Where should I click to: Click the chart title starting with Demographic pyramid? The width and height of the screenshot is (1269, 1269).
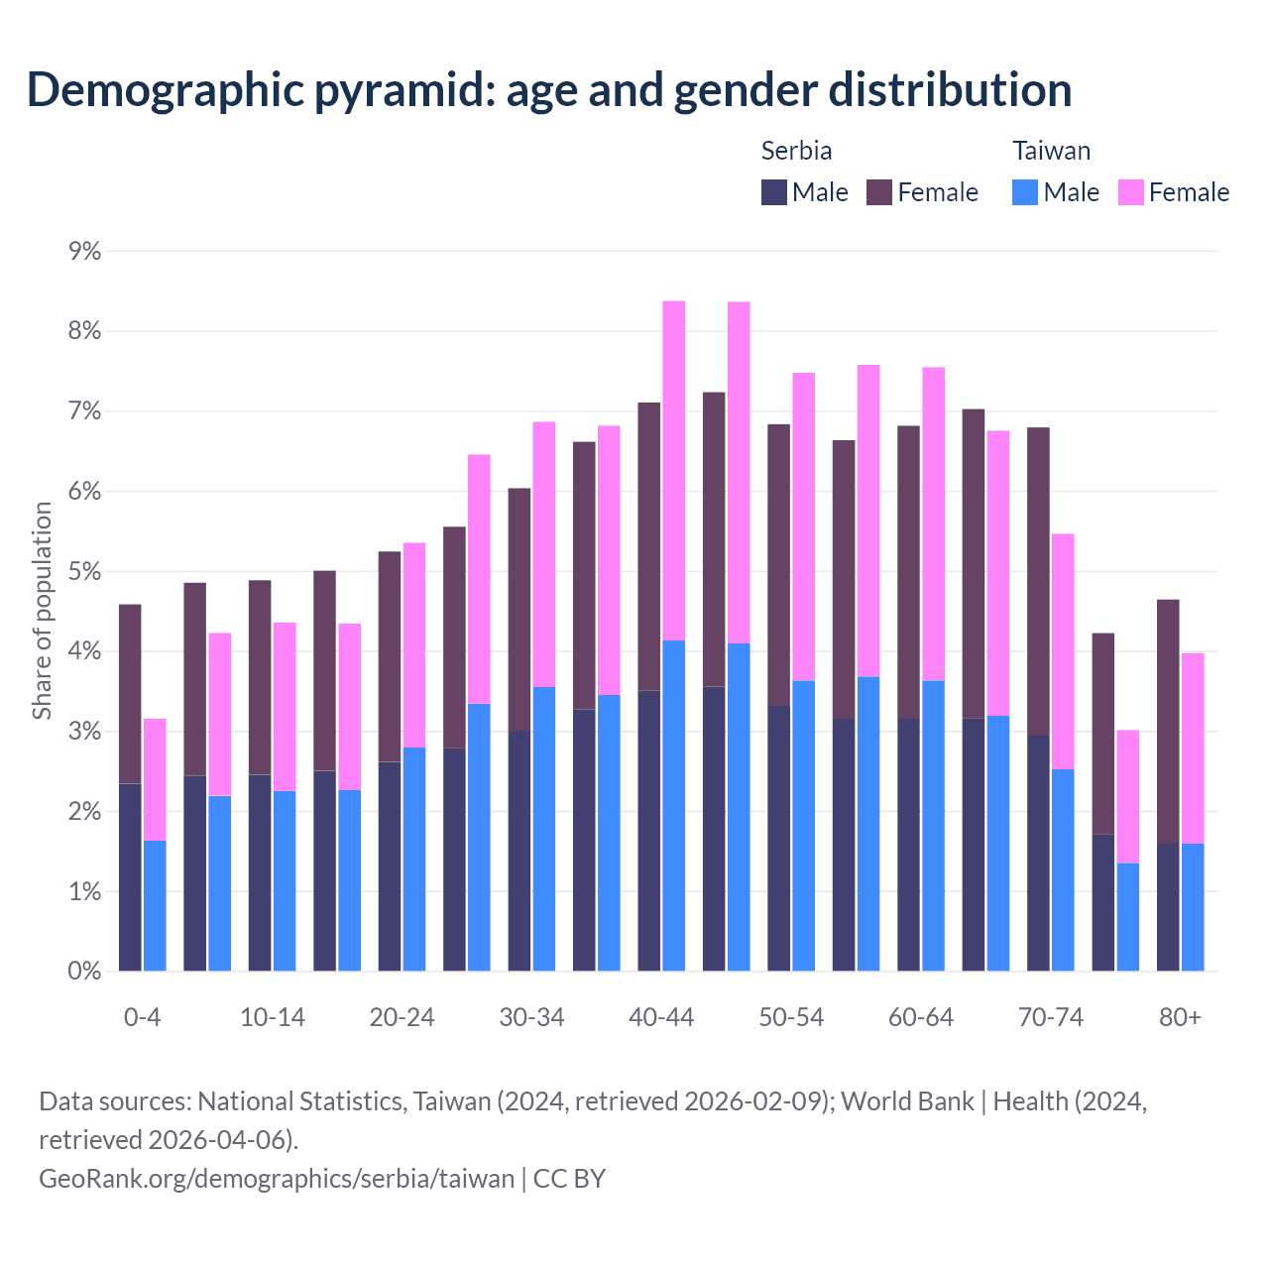[x=549, y=89]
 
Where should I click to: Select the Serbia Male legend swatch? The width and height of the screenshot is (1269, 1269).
[x=774, y=192]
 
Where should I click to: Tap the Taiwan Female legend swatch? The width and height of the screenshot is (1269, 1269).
[x=1131, y=192]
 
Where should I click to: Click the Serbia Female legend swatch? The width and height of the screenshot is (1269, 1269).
[x=879, y=192]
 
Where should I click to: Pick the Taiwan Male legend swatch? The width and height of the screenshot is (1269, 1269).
[x=1025, y=192]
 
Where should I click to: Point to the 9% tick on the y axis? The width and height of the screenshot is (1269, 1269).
[x=85, y=251]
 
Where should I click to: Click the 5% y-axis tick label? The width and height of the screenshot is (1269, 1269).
[x=85, y=572]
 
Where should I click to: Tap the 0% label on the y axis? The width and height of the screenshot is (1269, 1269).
[x=85, y=972]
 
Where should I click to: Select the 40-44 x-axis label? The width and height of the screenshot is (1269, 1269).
[x=661, y=1017]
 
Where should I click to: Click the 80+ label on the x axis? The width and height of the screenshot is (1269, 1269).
[x=1180, y=1017]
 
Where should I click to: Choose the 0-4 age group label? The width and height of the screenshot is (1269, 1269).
[x=143, y=1017]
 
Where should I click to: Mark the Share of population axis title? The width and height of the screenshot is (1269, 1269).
[x=42, y=611]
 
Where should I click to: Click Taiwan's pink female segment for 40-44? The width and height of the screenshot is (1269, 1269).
[x=674, y=471]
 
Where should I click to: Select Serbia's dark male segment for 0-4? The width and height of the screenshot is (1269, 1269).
[x=130, y=877]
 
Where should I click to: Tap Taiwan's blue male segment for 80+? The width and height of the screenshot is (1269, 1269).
[x=1193, y=907]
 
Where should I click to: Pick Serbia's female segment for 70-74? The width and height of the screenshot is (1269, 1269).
[x=1038, y=581]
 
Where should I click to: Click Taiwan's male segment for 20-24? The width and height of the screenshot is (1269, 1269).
[x=414, y=859]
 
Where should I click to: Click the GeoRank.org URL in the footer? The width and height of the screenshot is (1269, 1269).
[x=277, y=1178]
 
